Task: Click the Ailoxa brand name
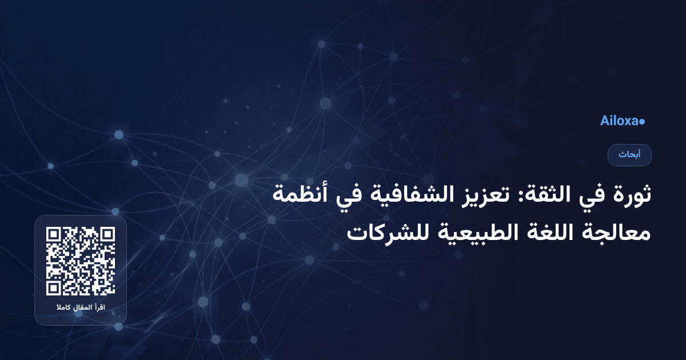pos(620,121)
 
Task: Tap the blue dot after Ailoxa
pos(643,122)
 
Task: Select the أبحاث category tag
pos(629,155)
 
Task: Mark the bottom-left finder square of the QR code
pos(54,287)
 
